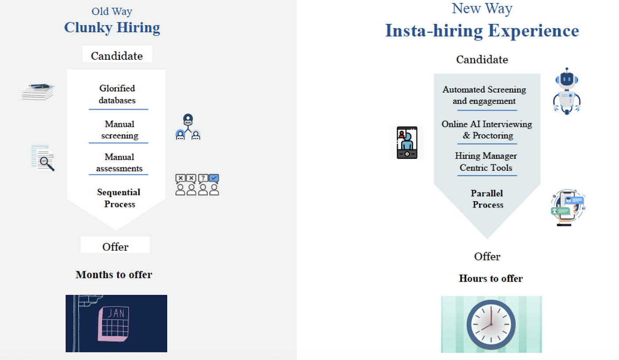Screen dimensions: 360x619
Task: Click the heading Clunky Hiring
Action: (112, 27)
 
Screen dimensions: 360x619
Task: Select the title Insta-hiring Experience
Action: (482, 31)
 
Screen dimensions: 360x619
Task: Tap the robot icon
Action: (566, 91)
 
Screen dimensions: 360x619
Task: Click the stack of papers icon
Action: (38, 92)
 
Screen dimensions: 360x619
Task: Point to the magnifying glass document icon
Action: (43, 158)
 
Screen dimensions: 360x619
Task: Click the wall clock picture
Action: (491, 324)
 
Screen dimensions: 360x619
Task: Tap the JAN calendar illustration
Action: (116, 323)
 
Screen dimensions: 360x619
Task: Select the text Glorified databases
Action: (117, 94)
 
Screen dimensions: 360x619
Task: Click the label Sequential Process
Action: (119, 198)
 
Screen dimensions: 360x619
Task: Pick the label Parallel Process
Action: (487, 199)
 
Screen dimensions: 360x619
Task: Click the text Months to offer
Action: (114, 275)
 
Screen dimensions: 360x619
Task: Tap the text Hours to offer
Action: (491, 279)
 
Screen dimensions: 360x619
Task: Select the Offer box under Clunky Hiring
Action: (115, 246)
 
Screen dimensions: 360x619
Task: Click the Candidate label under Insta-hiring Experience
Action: (482, 60)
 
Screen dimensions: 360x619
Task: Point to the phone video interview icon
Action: (407, 142)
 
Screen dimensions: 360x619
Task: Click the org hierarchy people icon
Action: (188, 127)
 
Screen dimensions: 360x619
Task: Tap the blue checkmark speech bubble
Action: (214, 178)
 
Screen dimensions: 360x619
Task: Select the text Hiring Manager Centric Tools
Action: (486, 162)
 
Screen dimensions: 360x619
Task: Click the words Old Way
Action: (112, 11)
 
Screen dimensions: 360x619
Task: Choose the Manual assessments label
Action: (119, 163)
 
